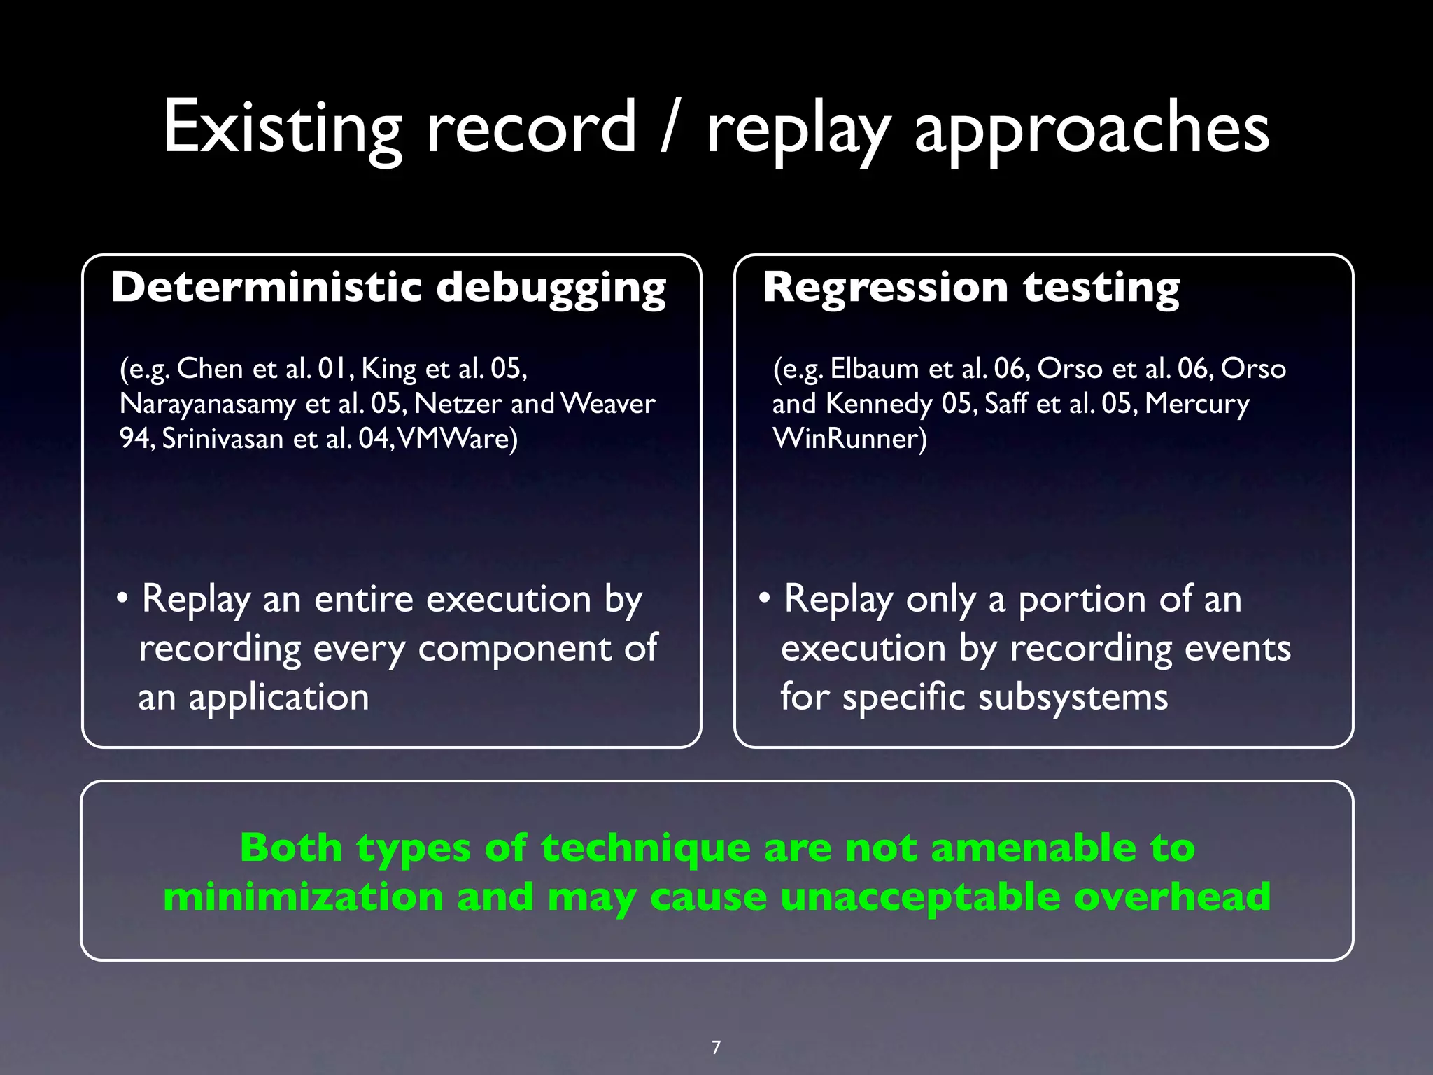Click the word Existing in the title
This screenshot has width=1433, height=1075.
point(282,127)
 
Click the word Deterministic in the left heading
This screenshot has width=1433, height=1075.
point(266,287)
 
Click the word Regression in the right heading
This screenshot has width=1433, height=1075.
point(884,288)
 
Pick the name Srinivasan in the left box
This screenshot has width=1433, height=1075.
point(222,439)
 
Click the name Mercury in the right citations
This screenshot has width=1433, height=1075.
point(1197,404)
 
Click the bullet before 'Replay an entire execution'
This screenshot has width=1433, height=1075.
point(122,599)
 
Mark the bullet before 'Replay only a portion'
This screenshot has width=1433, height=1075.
point(765,599)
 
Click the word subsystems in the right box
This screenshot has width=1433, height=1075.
point(1073,698)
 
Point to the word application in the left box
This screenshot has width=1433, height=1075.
point(278,698)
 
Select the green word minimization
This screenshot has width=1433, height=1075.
point(303,897)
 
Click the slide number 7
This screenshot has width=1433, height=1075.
point(716,1047)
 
